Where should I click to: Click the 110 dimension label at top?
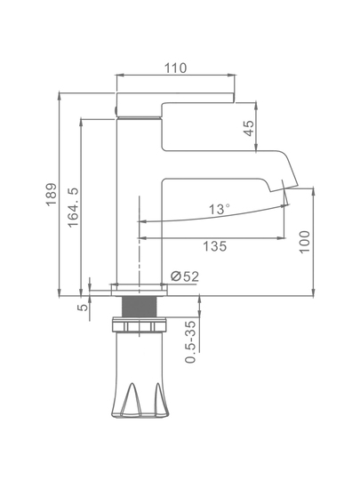coord(175,68)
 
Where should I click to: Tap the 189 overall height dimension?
coord(52,195)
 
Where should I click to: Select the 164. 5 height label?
coord(74,207)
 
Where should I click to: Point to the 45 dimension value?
coord(250,128)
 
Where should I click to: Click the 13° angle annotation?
coord(219,210)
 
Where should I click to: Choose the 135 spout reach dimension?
coord(215,246)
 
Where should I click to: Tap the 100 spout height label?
coord(304,242)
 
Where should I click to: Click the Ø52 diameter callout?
coord(185,276)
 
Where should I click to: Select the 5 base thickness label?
coord(83,307)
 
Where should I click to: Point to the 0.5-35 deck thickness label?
coord(191,341)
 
